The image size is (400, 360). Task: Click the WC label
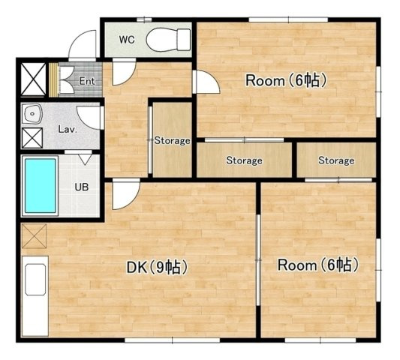(127, 40)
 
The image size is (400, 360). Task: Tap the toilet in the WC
(168, 40)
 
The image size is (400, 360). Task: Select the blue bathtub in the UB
(40, 185)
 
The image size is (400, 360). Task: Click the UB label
(82, 187)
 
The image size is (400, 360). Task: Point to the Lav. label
(68, 129)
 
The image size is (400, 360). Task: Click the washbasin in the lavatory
(32, 113)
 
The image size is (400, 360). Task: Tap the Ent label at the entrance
(87, 81)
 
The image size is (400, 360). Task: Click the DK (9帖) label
(158, 267)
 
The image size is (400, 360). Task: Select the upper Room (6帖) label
(286, 80)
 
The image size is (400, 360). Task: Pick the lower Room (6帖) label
(318, 265)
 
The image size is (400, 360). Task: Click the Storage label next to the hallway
(172, 140)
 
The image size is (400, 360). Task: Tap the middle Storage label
(244, 160)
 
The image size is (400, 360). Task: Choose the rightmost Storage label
(336, 160)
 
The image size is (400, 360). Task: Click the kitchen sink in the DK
(35, 280)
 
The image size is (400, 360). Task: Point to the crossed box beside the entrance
(33, 79)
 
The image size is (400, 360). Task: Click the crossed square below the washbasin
(32, 138)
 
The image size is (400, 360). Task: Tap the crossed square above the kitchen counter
(34, 235)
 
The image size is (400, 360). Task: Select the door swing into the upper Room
(206, 82)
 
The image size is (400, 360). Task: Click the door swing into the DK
(126, 194)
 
